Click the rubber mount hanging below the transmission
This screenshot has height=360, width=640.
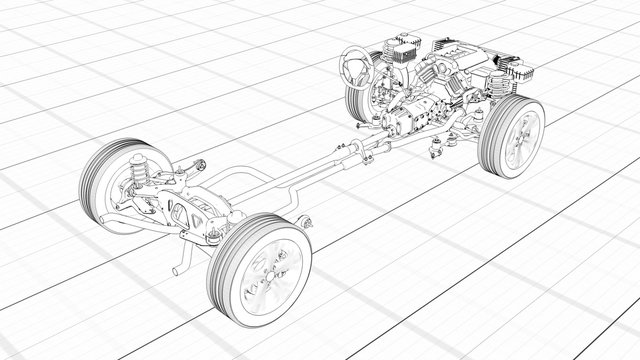[x=436, y=150]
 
